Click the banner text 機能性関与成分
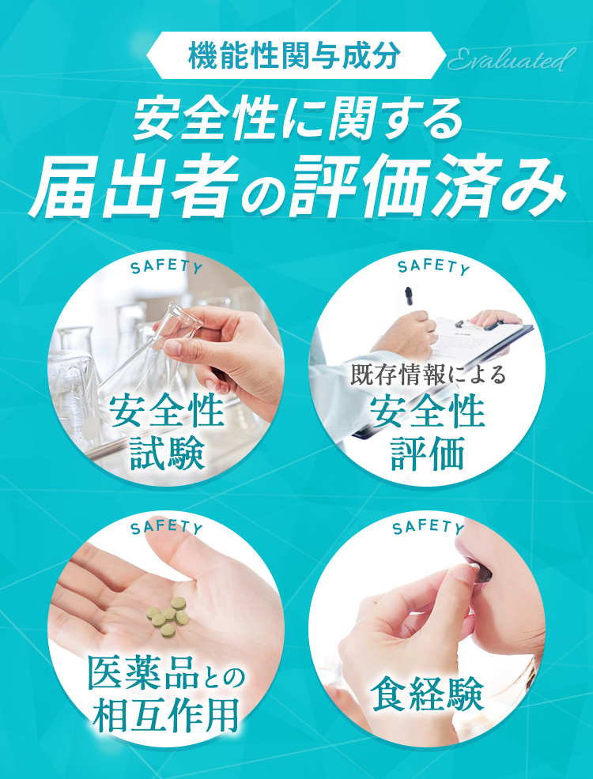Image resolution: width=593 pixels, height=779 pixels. pyautogui.click(x=295, y=56)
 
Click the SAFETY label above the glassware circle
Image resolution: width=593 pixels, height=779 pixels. pyautogui.click(x=166, y=267)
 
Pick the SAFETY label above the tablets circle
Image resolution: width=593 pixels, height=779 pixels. pyautogui.click(x=166, y=527)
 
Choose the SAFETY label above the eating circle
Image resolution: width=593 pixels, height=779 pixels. pyautogui.click(x=428, y=527)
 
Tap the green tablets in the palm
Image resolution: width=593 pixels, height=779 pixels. pyautogui.click(x=167, y=615)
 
